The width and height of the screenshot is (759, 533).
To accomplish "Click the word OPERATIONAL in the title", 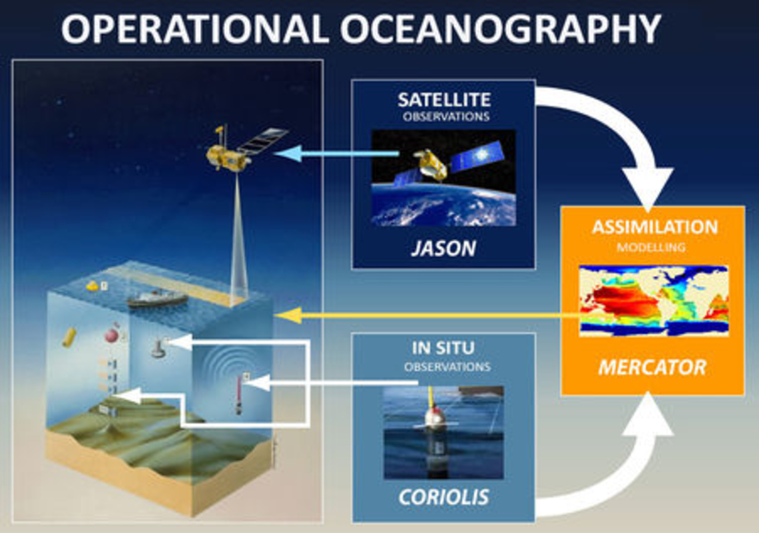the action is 195,29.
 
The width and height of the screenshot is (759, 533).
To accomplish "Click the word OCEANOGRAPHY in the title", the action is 501,29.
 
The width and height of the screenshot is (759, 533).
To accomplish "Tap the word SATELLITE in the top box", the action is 444,100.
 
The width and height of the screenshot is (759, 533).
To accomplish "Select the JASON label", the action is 443,249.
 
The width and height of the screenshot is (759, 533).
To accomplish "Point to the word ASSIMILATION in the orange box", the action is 655,227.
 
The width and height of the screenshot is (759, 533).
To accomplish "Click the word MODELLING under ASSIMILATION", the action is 651,247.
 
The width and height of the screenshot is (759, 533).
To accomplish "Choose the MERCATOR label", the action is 652,367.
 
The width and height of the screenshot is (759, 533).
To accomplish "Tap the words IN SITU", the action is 443,348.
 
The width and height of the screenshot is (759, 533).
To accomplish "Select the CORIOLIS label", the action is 443,497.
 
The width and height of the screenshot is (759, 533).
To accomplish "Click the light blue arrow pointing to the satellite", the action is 336,154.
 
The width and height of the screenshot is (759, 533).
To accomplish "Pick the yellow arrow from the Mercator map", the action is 427,316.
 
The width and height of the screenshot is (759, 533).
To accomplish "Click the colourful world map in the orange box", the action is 654,301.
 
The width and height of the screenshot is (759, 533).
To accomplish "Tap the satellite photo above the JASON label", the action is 443,178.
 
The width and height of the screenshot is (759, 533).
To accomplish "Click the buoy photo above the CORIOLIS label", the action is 443,433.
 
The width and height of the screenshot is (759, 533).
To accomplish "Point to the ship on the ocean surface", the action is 157,298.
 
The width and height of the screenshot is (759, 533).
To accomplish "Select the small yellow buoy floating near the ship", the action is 92,286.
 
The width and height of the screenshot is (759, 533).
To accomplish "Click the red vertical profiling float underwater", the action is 238,394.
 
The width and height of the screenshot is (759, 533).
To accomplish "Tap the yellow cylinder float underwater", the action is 69,337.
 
